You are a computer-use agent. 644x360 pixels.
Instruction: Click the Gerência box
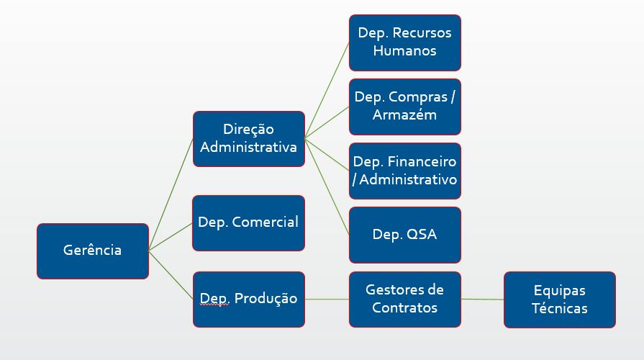92,251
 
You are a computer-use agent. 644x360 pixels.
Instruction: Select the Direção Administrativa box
248,138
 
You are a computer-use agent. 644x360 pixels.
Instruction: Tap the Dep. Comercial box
248,222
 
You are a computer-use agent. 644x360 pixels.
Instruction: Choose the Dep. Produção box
248,299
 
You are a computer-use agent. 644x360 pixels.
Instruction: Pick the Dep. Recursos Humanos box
404,42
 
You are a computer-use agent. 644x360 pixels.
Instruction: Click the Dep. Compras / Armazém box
404,107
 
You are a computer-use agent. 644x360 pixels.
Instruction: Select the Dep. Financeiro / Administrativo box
404,171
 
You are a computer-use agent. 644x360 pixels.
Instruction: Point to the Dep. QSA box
404,235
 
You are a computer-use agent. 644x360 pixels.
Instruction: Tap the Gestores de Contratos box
404,299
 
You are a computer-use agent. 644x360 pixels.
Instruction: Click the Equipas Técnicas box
559,299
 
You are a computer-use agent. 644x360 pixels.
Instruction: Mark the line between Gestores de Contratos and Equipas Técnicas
482,299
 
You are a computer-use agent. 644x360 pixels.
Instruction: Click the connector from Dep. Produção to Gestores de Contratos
327,299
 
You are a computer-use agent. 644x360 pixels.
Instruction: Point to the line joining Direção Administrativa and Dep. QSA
327,186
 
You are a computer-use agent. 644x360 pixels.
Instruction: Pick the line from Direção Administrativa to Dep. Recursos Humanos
327,90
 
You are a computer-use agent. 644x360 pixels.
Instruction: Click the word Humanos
405,51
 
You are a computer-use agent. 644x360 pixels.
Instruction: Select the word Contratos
404,307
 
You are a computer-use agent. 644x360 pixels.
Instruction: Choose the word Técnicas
559,308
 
